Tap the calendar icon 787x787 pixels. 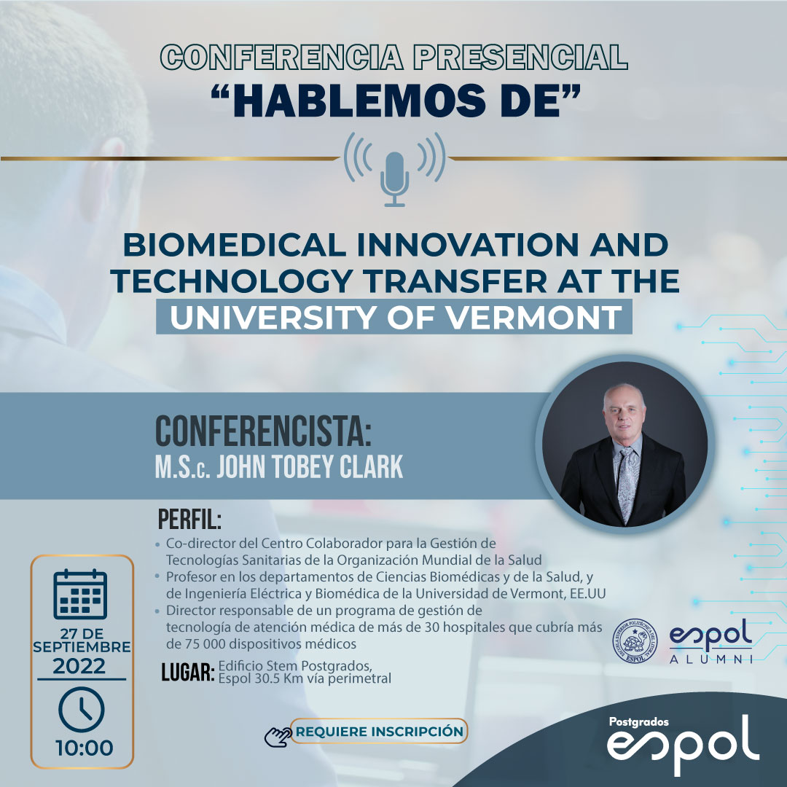point(80,595)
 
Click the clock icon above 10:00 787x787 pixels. point(82,710)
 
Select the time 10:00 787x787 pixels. point(85,748)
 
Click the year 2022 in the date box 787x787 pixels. point(79,667)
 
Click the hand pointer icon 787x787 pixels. point(278,736)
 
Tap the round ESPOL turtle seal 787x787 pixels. point(635,641)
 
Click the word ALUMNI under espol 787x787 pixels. point(711,659)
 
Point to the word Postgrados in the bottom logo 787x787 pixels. point(638,721)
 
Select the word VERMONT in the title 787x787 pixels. point(534,317)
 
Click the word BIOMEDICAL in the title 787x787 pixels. point(235,245)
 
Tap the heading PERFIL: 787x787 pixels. point(189,520)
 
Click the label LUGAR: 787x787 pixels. point(188,672)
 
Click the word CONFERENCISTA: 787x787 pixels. point(264,431)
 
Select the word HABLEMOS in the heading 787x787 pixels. point(359,101)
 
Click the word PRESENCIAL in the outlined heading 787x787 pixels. point(520,57)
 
